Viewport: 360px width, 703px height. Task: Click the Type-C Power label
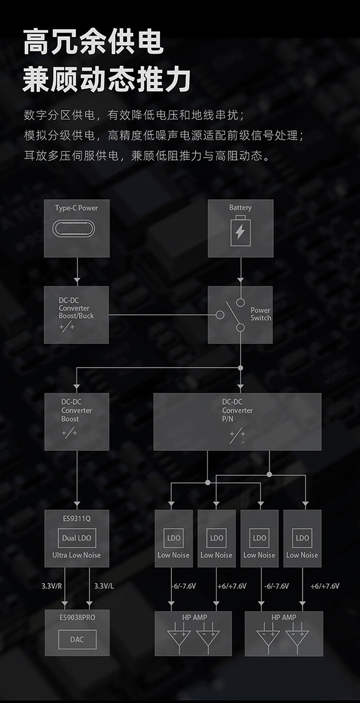[x=76, y=208]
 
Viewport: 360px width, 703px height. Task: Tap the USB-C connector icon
[x=76, y=229]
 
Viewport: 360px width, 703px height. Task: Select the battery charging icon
[x=240, y=231]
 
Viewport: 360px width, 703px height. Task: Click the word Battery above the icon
[x=240, y=207]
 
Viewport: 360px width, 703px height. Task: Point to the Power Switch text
[x=261, y=314]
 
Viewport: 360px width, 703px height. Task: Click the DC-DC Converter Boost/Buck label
[x=76, y=308]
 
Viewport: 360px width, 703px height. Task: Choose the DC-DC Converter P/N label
[x=237, y=410]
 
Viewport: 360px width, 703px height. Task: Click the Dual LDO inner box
[x=76, y=538]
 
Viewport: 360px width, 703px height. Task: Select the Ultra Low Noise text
[x=76, y=555]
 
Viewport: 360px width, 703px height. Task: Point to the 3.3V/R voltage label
[x=51, y=586]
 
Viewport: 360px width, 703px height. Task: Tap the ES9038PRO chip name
[x=76, y=617]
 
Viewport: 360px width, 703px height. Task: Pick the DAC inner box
[x=76, y=639]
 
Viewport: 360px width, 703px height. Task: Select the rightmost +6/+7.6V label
[x=325, y=586]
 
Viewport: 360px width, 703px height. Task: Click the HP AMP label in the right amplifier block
[x=284, y=617]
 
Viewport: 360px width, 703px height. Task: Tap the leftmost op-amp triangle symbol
[x=179, y=638]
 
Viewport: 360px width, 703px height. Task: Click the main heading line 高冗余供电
[x=94, y=42]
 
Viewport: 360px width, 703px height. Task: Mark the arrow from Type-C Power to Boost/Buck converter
[x=77, y=272]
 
